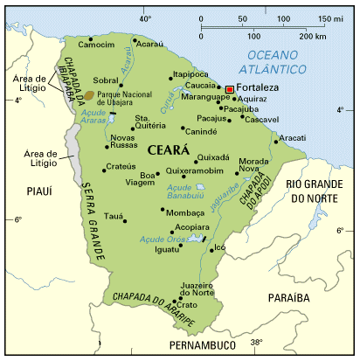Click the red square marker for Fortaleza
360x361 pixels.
coord(230,89)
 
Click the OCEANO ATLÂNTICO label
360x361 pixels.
coord(287,63)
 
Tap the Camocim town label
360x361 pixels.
coord(97,43)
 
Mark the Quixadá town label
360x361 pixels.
coord(212,158)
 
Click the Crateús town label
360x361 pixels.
coord(119,167)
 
